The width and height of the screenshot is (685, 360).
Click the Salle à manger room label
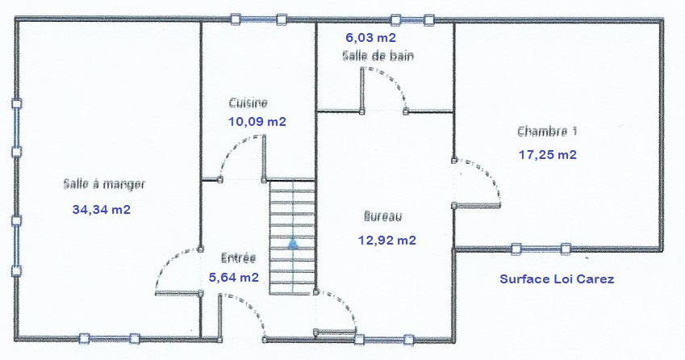tap(104, 184)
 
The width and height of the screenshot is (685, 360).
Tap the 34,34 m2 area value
tap(102, 210)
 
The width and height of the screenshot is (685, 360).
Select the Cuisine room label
tap(249, 103)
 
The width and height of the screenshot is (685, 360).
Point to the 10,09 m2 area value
tap(257, 121)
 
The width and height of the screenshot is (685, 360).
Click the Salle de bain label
tap(378, 56)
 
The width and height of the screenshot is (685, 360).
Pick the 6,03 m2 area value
tap(371, 38)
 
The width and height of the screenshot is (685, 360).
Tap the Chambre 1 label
tap(547, 132)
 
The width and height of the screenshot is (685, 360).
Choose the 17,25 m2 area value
tap(548, 155)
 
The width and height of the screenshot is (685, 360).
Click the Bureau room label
tap(382, 216)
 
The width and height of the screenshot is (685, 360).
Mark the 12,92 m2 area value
tap(387, 241)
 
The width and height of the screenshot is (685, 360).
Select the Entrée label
tap(238, 257)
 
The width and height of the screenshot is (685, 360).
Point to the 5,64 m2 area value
tap(234, 278)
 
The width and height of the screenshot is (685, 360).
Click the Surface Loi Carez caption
tap(557, 279)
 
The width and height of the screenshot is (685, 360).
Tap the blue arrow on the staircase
tap(293, 244)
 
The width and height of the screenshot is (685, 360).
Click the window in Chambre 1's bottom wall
tap(541, 249)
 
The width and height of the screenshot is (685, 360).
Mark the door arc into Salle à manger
tap(169, 262)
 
